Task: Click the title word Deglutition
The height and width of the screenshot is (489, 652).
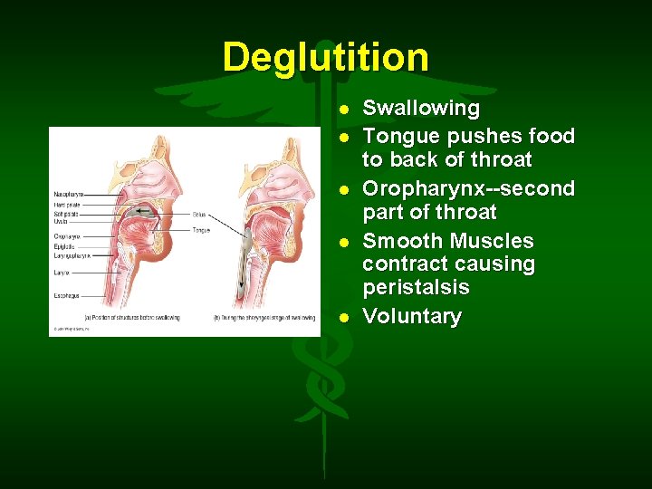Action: point(325,57)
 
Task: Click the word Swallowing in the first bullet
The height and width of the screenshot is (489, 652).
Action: point(421,109)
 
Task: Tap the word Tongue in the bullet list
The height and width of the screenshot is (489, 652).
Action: point(398,137)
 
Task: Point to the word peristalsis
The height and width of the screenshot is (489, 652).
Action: point(416,288)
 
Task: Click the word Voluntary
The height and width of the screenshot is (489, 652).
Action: point(412,317)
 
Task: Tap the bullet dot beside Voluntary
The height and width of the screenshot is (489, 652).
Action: point(344,318)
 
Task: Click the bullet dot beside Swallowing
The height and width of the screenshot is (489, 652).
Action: point(344,110)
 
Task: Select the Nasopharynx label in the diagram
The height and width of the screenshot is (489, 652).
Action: point(69,195)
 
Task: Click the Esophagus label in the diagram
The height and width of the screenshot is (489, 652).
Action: point(66,294)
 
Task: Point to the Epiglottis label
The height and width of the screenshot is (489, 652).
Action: point(64,246)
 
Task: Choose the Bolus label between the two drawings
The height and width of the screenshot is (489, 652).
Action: point(199,215)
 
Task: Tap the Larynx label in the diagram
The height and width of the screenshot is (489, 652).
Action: point(61,271)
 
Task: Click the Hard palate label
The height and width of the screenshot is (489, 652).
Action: point(66,205)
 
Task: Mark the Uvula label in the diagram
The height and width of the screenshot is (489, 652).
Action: point(60,221)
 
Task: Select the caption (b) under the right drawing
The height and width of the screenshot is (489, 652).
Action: point(264,318)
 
